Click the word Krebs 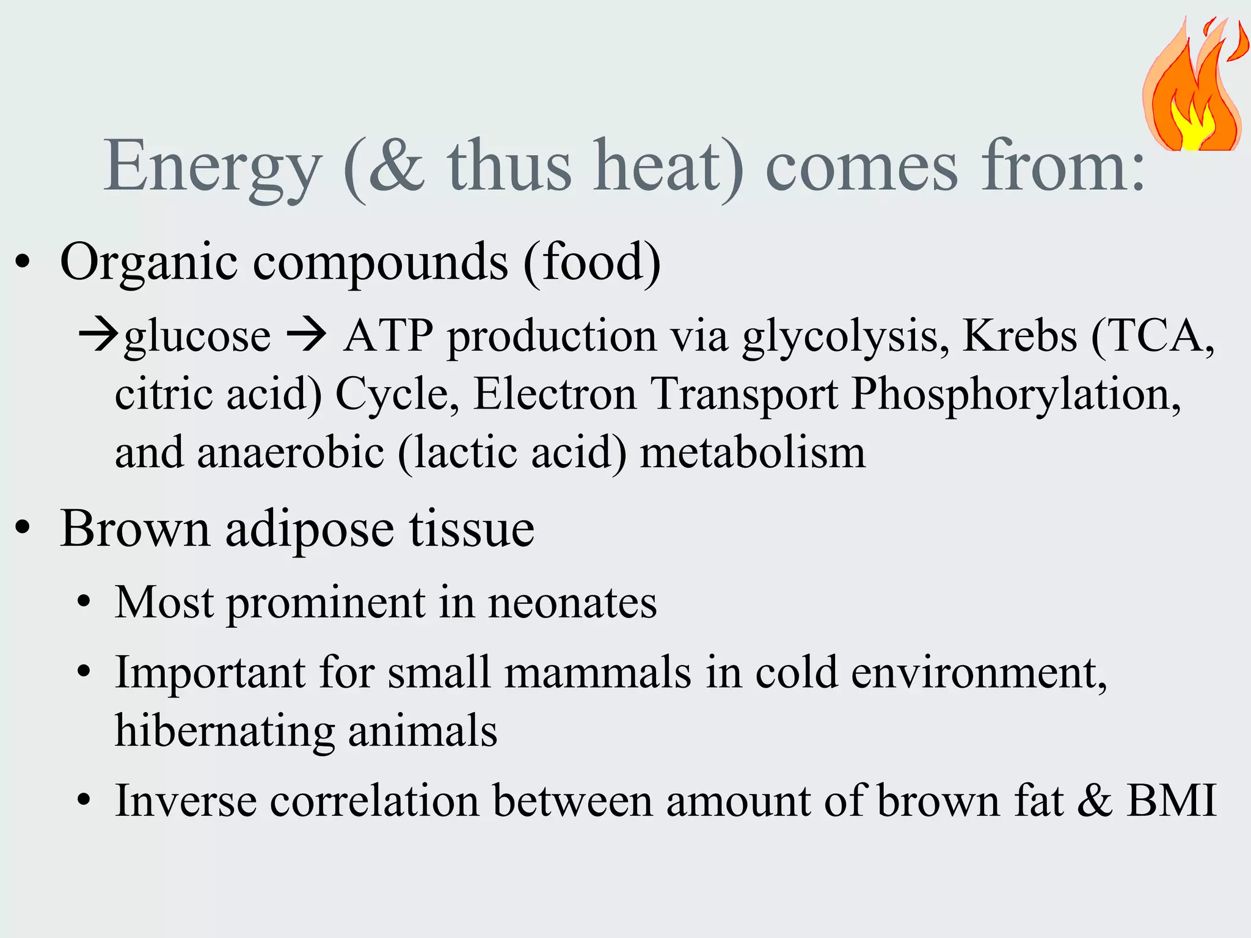tap(1019, 336)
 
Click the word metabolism tap(753, 453)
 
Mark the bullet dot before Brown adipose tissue tap(23, 528)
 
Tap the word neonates tap(572, 603)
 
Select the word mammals tap(597, 672)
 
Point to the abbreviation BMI tap(1172, 800)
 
